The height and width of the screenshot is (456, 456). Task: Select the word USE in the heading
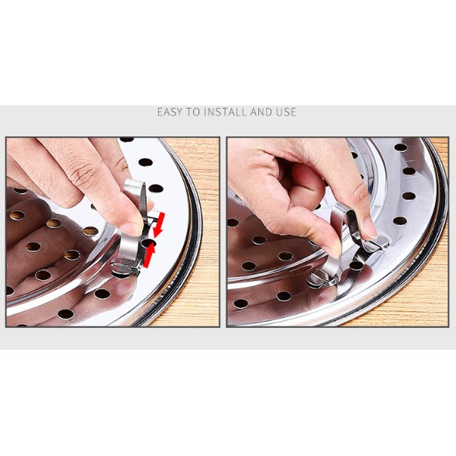(x=286, y=112)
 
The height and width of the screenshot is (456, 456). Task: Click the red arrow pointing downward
(x=160, y=225)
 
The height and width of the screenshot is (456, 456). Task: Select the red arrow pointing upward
(x=149, y=254)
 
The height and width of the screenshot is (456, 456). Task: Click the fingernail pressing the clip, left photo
(x=133, y=229)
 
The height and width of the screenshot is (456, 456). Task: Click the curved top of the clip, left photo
(x=133, y=185)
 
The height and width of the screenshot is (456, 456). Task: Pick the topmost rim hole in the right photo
(x=401, y=147)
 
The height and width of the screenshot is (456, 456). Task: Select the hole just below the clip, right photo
(x=356, y=265)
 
